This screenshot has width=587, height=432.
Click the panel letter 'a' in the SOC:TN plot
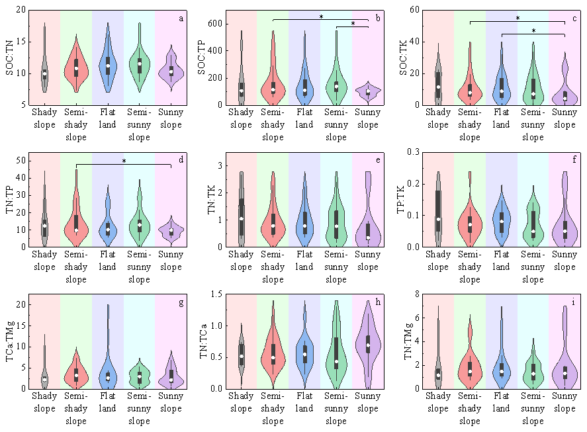181,19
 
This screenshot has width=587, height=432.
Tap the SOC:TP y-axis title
202,58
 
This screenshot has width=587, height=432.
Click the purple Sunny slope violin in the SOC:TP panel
368,91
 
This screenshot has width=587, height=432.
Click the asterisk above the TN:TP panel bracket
124,161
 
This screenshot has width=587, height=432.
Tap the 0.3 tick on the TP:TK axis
411,152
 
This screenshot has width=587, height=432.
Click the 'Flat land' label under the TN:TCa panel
304,402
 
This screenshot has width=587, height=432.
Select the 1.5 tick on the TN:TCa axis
215,294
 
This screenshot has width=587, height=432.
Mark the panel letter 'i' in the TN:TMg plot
573,303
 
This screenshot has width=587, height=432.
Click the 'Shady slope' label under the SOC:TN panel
44,118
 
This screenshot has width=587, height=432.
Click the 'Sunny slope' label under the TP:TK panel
564,261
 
